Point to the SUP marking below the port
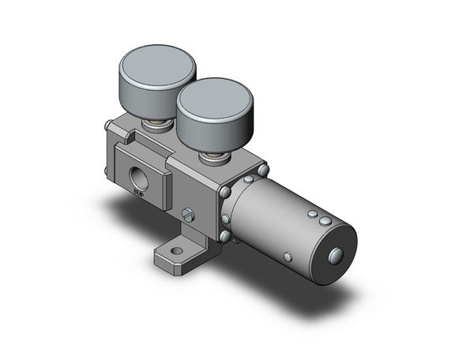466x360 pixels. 138,190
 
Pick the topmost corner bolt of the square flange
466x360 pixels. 262,170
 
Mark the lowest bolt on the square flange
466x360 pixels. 226,235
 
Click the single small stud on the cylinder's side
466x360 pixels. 289,258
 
